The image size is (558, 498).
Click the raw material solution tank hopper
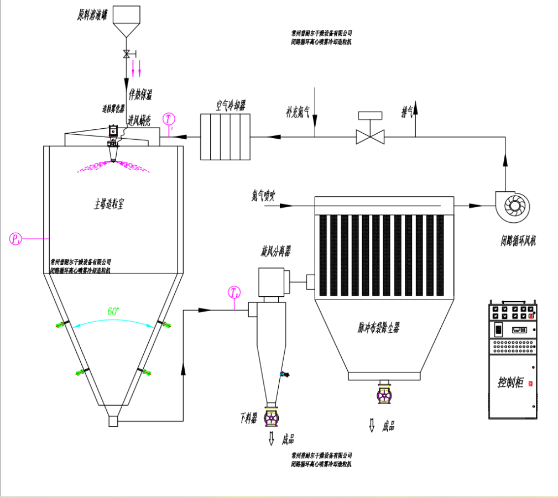[127, 20]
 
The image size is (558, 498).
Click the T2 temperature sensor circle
[234, 292]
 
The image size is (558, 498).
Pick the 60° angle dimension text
[113, 311]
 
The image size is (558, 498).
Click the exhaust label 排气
[408, 113]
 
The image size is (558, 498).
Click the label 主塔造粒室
[109, 203]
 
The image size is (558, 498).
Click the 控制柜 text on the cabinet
[510, 382]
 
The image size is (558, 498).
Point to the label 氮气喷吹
[263, 195]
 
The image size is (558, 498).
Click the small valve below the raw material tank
[127, 54]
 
